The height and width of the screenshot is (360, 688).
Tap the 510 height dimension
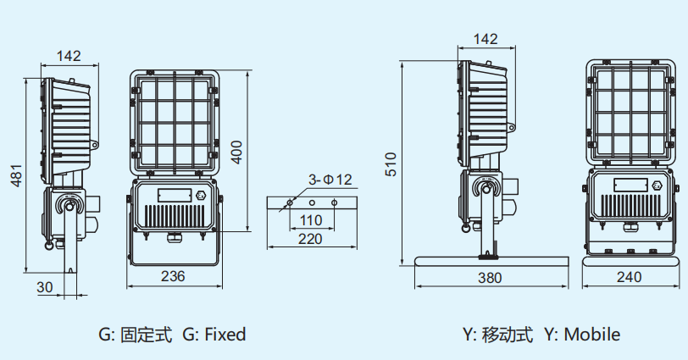coord(391,163)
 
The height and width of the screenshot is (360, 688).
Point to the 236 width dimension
coord(174,275)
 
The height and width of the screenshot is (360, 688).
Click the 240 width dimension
coord(628,276)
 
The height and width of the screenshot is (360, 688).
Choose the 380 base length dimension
coord(489,276)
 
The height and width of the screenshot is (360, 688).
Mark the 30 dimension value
coord(45,287)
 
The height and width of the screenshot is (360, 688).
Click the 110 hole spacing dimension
coord(312,220)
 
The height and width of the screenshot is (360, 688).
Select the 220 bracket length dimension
coord(312,239)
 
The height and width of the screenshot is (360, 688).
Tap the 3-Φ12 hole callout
coord(330,180)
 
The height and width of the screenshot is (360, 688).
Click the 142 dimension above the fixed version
coord(69,56)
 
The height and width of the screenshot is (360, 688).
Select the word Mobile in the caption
coord(592,335)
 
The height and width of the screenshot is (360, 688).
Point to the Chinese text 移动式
coord(509,335)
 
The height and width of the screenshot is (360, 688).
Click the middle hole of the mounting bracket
coord(312,203)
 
